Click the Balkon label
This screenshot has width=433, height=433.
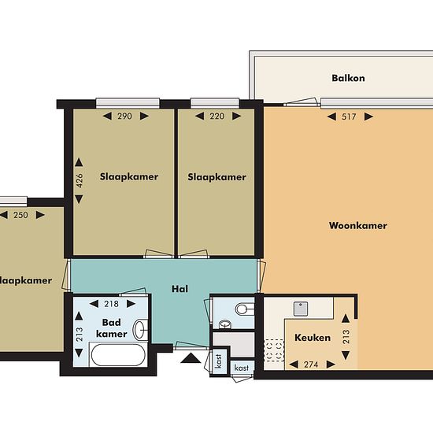348,78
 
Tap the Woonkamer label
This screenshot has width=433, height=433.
358,226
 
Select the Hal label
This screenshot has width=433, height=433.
179,289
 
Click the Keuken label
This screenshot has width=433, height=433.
313,338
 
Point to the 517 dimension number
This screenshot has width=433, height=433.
349,117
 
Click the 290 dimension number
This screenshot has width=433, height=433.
124,117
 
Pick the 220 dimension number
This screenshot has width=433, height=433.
216,117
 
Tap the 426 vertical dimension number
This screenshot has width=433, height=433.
80,180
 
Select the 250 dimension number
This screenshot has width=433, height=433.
20,215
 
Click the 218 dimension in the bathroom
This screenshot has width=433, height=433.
111,304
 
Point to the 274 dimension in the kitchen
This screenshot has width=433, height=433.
311,365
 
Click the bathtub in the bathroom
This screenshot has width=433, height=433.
118,355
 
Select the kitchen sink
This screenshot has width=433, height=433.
301,309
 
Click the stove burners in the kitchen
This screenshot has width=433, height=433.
274,350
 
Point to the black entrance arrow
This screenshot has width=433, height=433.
191,358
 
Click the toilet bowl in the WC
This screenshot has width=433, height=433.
244,309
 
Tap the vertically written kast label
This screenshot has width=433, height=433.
219,361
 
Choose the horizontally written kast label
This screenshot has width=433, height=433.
242,368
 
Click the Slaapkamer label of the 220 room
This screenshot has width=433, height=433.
216,177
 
